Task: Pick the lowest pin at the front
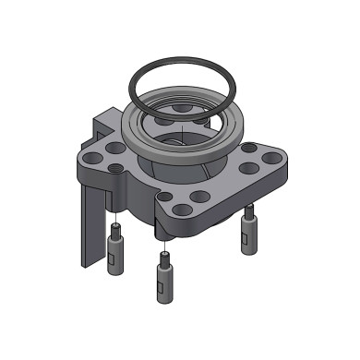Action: coord(162,277)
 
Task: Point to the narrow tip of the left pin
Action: coord(116,230)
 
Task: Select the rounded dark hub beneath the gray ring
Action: coord(175,171)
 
